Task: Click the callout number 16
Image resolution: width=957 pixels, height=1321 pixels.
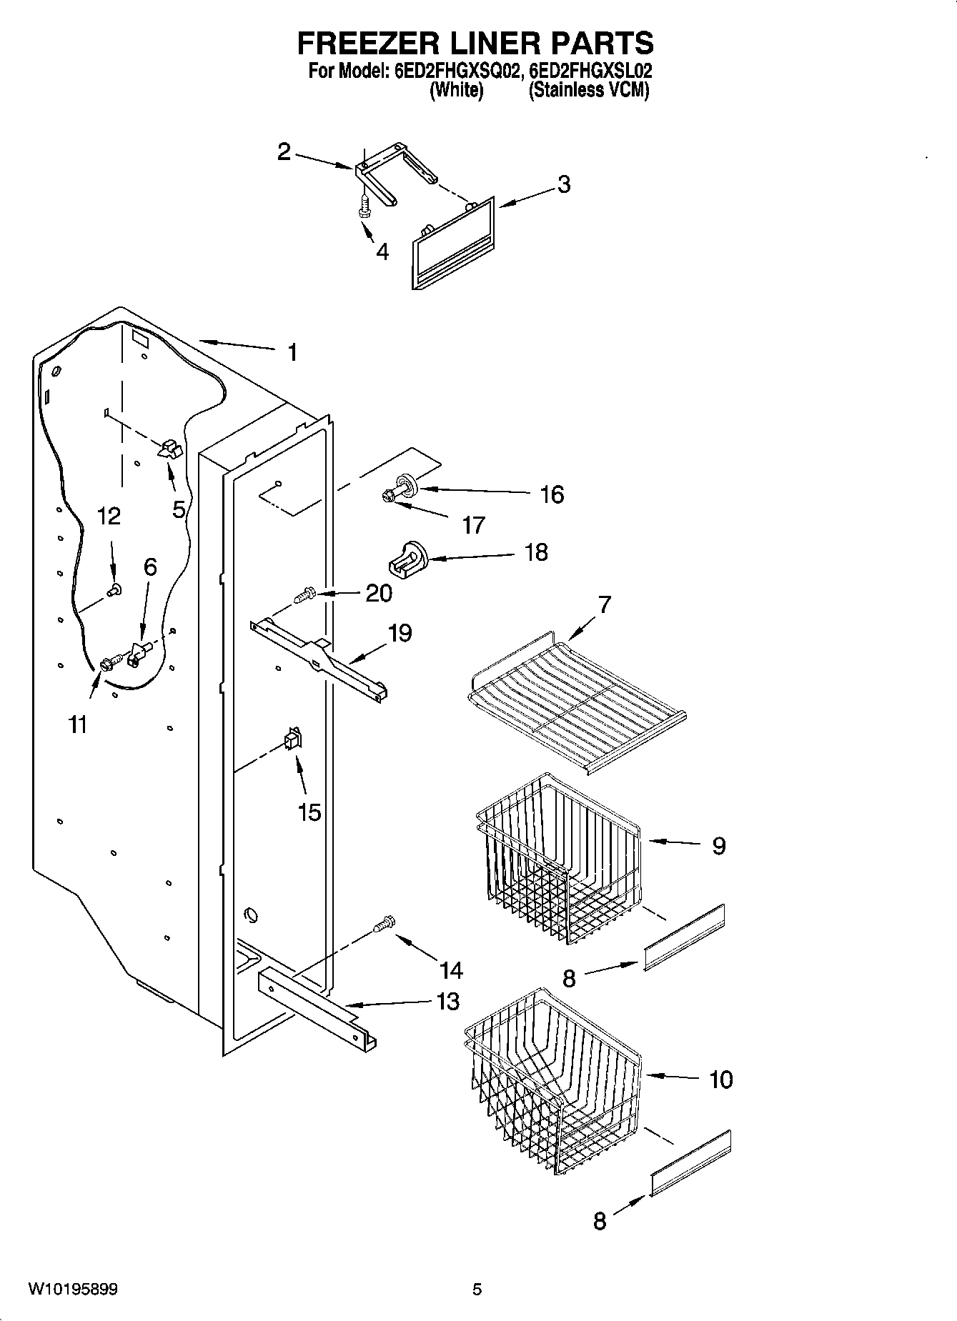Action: [x=552, y=494]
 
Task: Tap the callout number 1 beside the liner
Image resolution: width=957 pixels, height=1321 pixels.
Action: [x=292, y=352]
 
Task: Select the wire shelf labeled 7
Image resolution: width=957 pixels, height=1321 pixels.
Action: [x=575, y=700]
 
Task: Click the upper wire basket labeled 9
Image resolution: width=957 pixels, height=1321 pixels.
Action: [x=557, y=857]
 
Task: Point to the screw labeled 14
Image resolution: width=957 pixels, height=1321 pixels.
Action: [x=384, y=924]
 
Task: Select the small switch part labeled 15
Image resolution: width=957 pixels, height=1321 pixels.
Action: [x=293, y=739]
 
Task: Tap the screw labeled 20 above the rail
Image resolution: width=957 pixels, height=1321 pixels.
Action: [x=305, y=593]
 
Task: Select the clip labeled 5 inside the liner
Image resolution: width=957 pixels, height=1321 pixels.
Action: [x=170, y=449]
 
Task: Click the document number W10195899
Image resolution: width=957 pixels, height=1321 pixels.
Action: [x=73, y=1290]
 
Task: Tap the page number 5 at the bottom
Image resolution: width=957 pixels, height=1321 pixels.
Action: [x=477, y=1290]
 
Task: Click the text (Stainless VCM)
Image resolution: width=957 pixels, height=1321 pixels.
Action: [x=588, y=91]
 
